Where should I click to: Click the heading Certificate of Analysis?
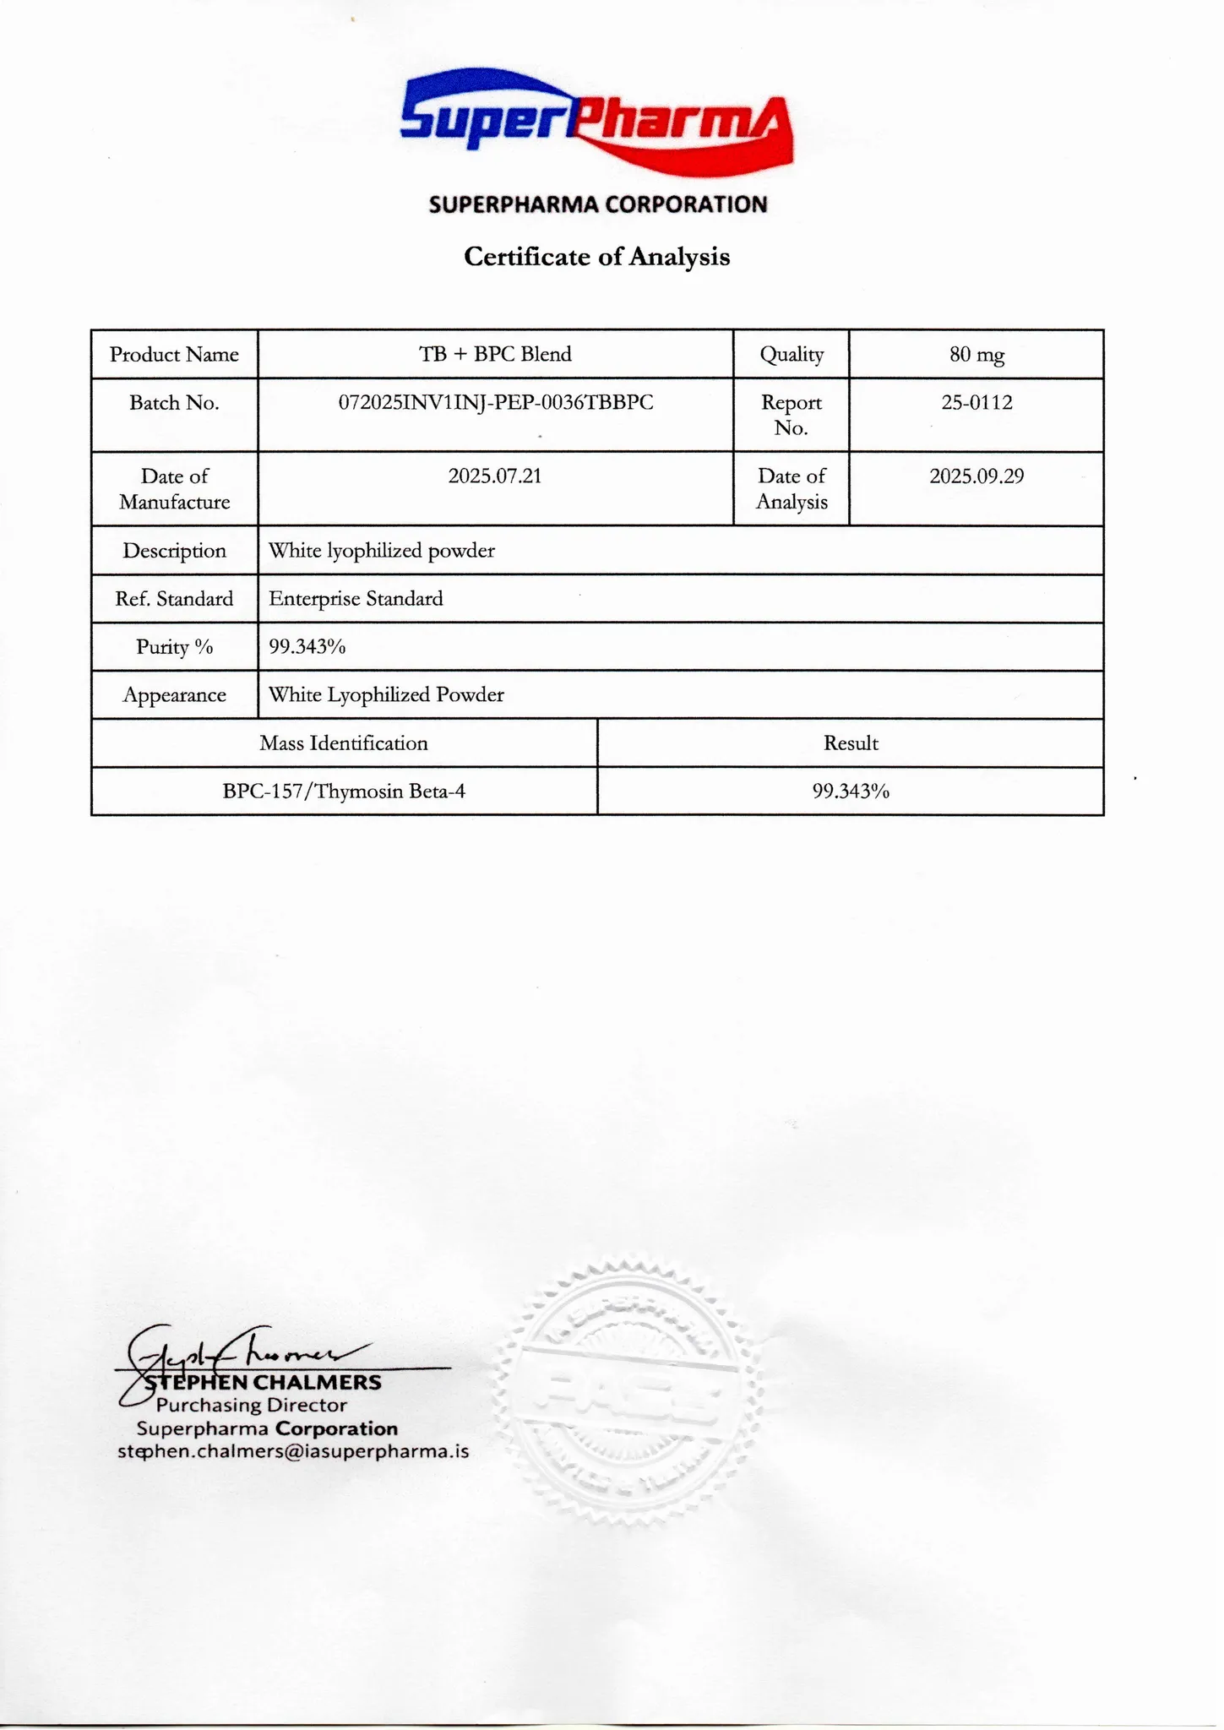596,256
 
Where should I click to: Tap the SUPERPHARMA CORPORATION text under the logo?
597,204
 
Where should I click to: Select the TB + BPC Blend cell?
495,354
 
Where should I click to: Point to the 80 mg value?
976,355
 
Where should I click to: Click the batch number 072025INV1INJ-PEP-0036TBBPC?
496,403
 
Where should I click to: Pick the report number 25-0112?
976,403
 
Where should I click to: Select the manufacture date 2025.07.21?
495,476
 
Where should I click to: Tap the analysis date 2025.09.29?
976,476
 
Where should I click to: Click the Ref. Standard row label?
174,599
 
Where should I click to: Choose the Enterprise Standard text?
356,599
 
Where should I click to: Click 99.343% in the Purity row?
307,647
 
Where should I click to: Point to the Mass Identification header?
344,743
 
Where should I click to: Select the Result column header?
851,743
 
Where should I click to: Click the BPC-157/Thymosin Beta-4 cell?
344,792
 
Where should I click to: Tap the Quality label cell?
792,355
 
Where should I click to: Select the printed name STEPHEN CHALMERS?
263,1383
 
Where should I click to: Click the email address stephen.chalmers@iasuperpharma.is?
293,1452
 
